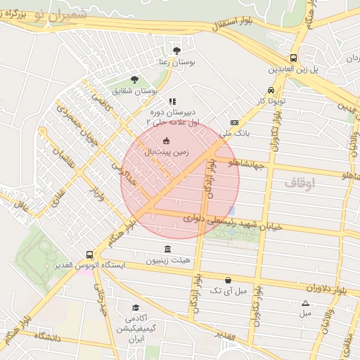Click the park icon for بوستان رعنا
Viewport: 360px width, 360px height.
pyautogui.click(x=176, y=51)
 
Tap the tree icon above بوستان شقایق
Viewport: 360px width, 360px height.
pyautogui.click(x=134, y=79)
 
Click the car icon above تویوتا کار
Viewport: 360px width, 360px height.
pyautogui.click(x=271, y=90)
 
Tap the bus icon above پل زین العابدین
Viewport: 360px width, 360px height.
pyautogui.click(x=293, y=58)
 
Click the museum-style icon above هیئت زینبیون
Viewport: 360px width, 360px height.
pyautogui.click(x=167, y=250)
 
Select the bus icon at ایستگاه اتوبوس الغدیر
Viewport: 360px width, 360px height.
pyautogui.click(x=89, y=255)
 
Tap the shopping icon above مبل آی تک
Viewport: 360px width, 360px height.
pyautogui.click(x=228, y=279)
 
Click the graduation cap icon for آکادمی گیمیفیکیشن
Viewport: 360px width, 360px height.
pyautogui.click(x=135, y=308)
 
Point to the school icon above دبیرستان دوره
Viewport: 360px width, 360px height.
pyautogui.click(x=172, y=101)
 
